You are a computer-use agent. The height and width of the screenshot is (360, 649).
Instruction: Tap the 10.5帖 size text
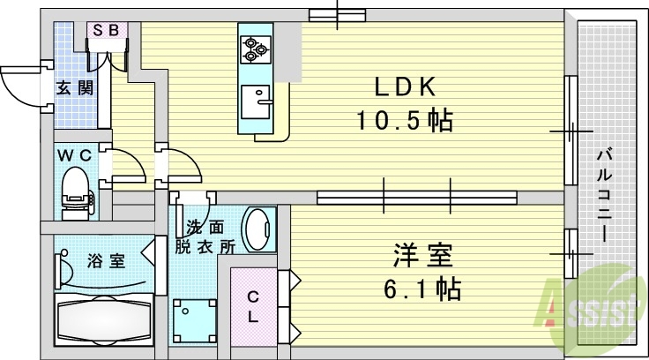coord(404,121)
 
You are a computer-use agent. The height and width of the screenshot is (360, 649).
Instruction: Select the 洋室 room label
coord(422,257)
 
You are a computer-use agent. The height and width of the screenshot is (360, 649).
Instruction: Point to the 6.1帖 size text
coord(422,288)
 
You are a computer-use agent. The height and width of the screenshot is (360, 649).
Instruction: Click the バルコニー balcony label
coord(604,196)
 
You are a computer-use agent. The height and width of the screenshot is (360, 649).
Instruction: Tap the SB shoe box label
coord(108,30)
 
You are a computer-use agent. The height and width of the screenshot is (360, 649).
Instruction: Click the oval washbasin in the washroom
coord(258,229)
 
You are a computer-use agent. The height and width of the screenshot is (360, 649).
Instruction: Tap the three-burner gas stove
coord(256,49)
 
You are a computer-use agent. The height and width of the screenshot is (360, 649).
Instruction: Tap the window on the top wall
coord(338,13)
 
